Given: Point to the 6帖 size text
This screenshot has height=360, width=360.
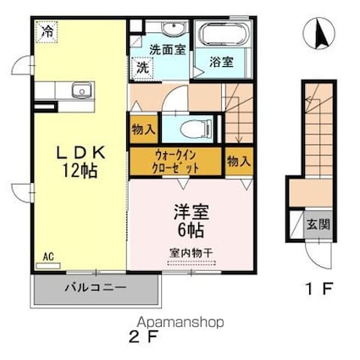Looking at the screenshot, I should pos(194,227).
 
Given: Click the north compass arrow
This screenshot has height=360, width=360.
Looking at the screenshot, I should pos(320,32).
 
